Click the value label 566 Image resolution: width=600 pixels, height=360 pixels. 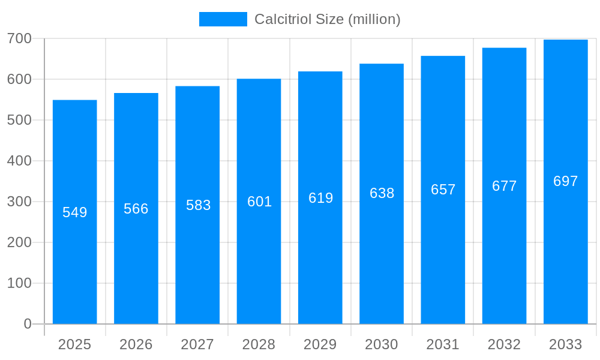click(136, 209)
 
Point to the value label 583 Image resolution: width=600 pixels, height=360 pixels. click(198, 205)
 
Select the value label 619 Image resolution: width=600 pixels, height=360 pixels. click(320, 198)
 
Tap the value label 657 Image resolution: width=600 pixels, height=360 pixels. click(443, 190)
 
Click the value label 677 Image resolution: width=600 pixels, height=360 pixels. click(504, 186)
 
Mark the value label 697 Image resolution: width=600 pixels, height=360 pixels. click(565, 181)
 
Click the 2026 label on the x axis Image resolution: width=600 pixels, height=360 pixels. click(136, 344)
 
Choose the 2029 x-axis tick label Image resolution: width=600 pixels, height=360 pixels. click(320, 344)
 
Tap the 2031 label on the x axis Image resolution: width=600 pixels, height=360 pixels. click(443, 344)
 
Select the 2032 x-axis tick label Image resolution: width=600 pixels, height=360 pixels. click(504, 344)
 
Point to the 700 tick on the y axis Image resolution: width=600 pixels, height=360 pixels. click(19, 38)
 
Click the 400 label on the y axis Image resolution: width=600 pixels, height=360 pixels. click(19, 161)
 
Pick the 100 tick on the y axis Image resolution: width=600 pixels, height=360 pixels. click(19, 283)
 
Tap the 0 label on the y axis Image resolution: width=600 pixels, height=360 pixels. click(28, 324)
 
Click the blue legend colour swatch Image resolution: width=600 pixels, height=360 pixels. click(223, 19)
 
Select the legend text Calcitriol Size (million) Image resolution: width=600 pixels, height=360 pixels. click(327, 19)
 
